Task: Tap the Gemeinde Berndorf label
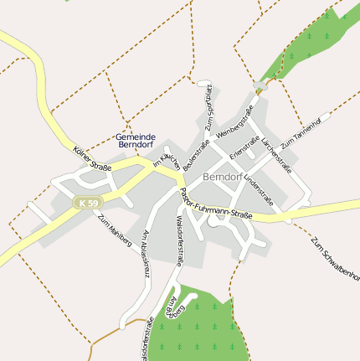point(135,141)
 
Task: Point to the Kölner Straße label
point(92,157)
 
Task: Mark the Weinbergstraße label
point(234,122)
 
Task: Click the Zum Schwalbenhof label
point(335,260)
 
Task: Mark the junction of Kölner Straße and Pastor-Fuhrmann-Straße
point(177,178)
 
